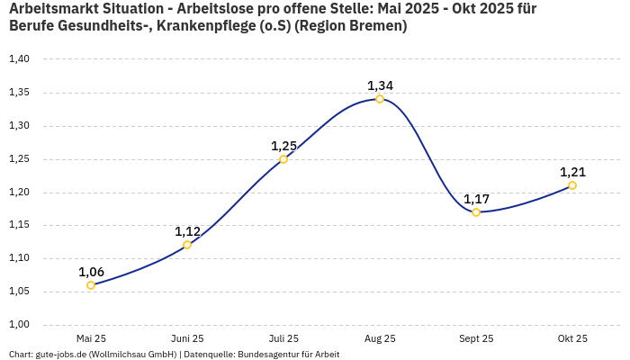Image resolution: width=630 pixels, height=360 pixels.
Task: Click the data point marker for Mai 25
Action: click(91, 285)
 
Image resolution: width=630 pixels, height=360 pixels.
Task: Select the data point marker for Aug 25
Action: click(380, 99)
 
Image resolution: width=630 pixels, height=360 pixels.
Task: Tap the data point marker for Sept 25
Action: click(476, 212)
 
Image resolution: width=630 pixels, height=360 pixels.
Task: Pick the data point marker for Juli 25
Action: click(283, 159)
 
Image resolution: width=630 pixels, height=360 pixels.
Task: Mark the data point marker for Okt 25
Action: click(572, 185)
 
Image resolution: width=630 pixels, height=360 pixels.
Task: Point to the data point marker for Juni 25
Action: click(187, 245)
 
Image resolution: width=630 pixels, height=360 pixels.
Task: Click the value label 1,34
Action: click(380, 85)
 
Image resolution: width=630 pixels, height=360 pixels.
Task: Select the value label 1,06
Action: click(91, 272)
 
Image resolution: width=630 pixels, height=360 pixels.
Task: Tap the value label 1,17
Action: click(476, 199)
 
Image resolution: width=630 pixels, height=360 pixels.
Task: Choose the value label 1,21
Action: click(572, 172)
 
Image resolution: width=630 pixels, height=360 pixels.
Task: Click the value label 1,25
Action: click(283, 146)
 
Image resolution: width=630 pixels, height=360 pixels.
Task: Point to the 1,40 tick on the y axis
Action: click(19, 59)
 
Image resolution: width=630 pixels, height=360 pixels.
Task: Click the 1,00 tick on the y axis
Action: click(19, 325)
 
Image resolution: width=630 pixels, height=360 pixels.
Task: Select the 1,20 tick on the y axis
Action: click(19, 193)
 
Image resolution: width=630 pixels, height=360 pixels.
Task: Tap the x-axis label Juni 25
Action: click(187, 339)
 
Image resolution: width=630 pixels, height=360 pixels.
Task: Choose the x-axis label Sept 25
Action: click(476, 339)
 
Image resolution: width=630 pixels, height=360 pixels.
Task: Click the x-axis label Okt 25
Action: click(572, 339)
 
